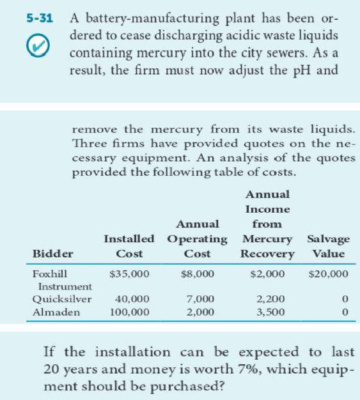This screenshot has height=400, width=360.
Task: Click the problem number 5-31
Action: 38,19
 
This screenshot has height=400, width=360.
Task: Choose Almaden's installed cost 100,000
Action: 130,312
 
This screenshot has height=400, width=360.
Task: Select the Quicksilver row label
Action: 62,298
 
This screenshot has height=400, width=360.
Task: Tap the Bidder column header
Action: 52,254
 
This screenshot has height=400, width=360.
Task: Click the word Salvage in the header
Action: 328,239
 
